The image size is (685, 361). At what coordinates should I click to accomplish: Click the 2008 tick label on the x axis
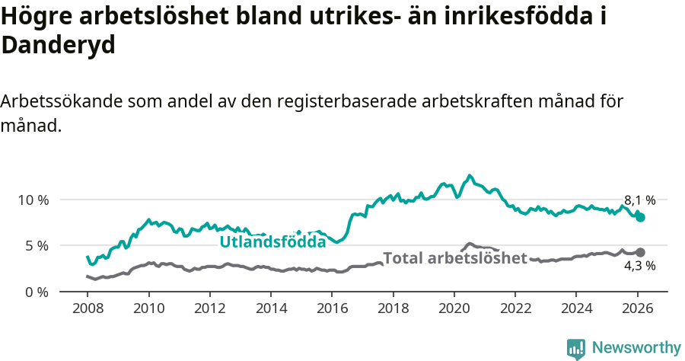88,309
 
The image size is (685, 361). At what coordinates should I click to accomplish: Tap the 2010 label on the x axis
148,309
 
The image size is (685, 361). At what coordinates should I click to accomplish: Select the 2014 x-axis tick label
271,309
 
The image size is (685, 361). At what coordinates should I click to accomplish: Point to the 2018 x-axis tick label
393,309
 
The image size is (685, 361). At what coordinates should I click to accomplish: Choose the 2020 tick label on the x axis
454,309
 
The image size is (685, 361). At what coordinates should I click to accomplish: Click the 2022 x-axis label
515,309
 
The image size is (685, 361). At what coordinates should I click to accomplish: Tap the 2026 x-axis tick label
637,309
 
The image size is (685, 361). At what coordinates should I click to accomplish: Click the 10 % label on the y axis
33,200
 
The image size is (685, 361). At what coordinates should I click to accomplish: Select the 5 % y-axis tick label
37,246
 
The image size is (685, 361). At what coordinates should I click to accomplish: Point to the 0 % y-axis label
37,292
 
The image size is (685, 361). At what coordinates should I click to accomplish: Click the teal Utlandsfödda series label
272,242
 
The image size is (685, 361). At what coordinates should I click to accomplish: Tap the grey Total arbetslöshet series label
454,258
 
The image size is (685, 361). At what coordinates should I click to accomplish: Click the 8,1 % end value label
639,200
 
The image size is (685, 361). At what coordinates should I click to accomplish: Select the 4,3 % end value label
639,266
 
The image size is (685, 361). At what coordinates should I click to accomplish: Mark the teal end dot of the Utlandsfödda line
640,217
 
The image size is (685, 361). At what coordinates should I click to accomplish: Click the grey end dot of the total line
640,252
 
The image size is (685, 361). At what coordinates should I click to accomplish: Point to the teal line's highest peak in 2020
470,175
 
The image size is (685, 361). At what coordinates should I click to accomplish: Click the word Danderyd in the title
58,45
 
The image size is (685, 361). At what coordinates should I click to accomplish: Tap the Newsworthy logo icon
576,348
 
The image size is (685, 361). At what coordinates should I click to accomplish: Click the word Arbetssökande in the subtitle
61,101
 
